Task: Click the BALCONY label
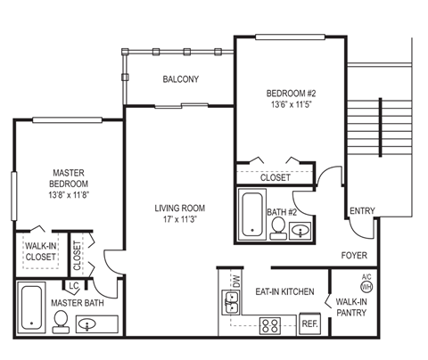click(180, 79)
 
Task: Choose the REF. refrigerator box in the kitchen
click(309, 324)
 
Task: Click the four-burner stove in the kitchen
click(269, 324)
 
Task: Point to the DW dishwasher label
click(235, 281)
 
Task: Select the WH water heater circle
click(366, 287)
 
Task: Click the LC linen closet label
click(75, 286)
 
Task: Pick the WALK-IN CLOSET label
click(41, 250)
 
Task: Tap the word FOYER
click(354, 256)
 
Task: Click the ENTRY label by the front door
click(362, 211)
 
